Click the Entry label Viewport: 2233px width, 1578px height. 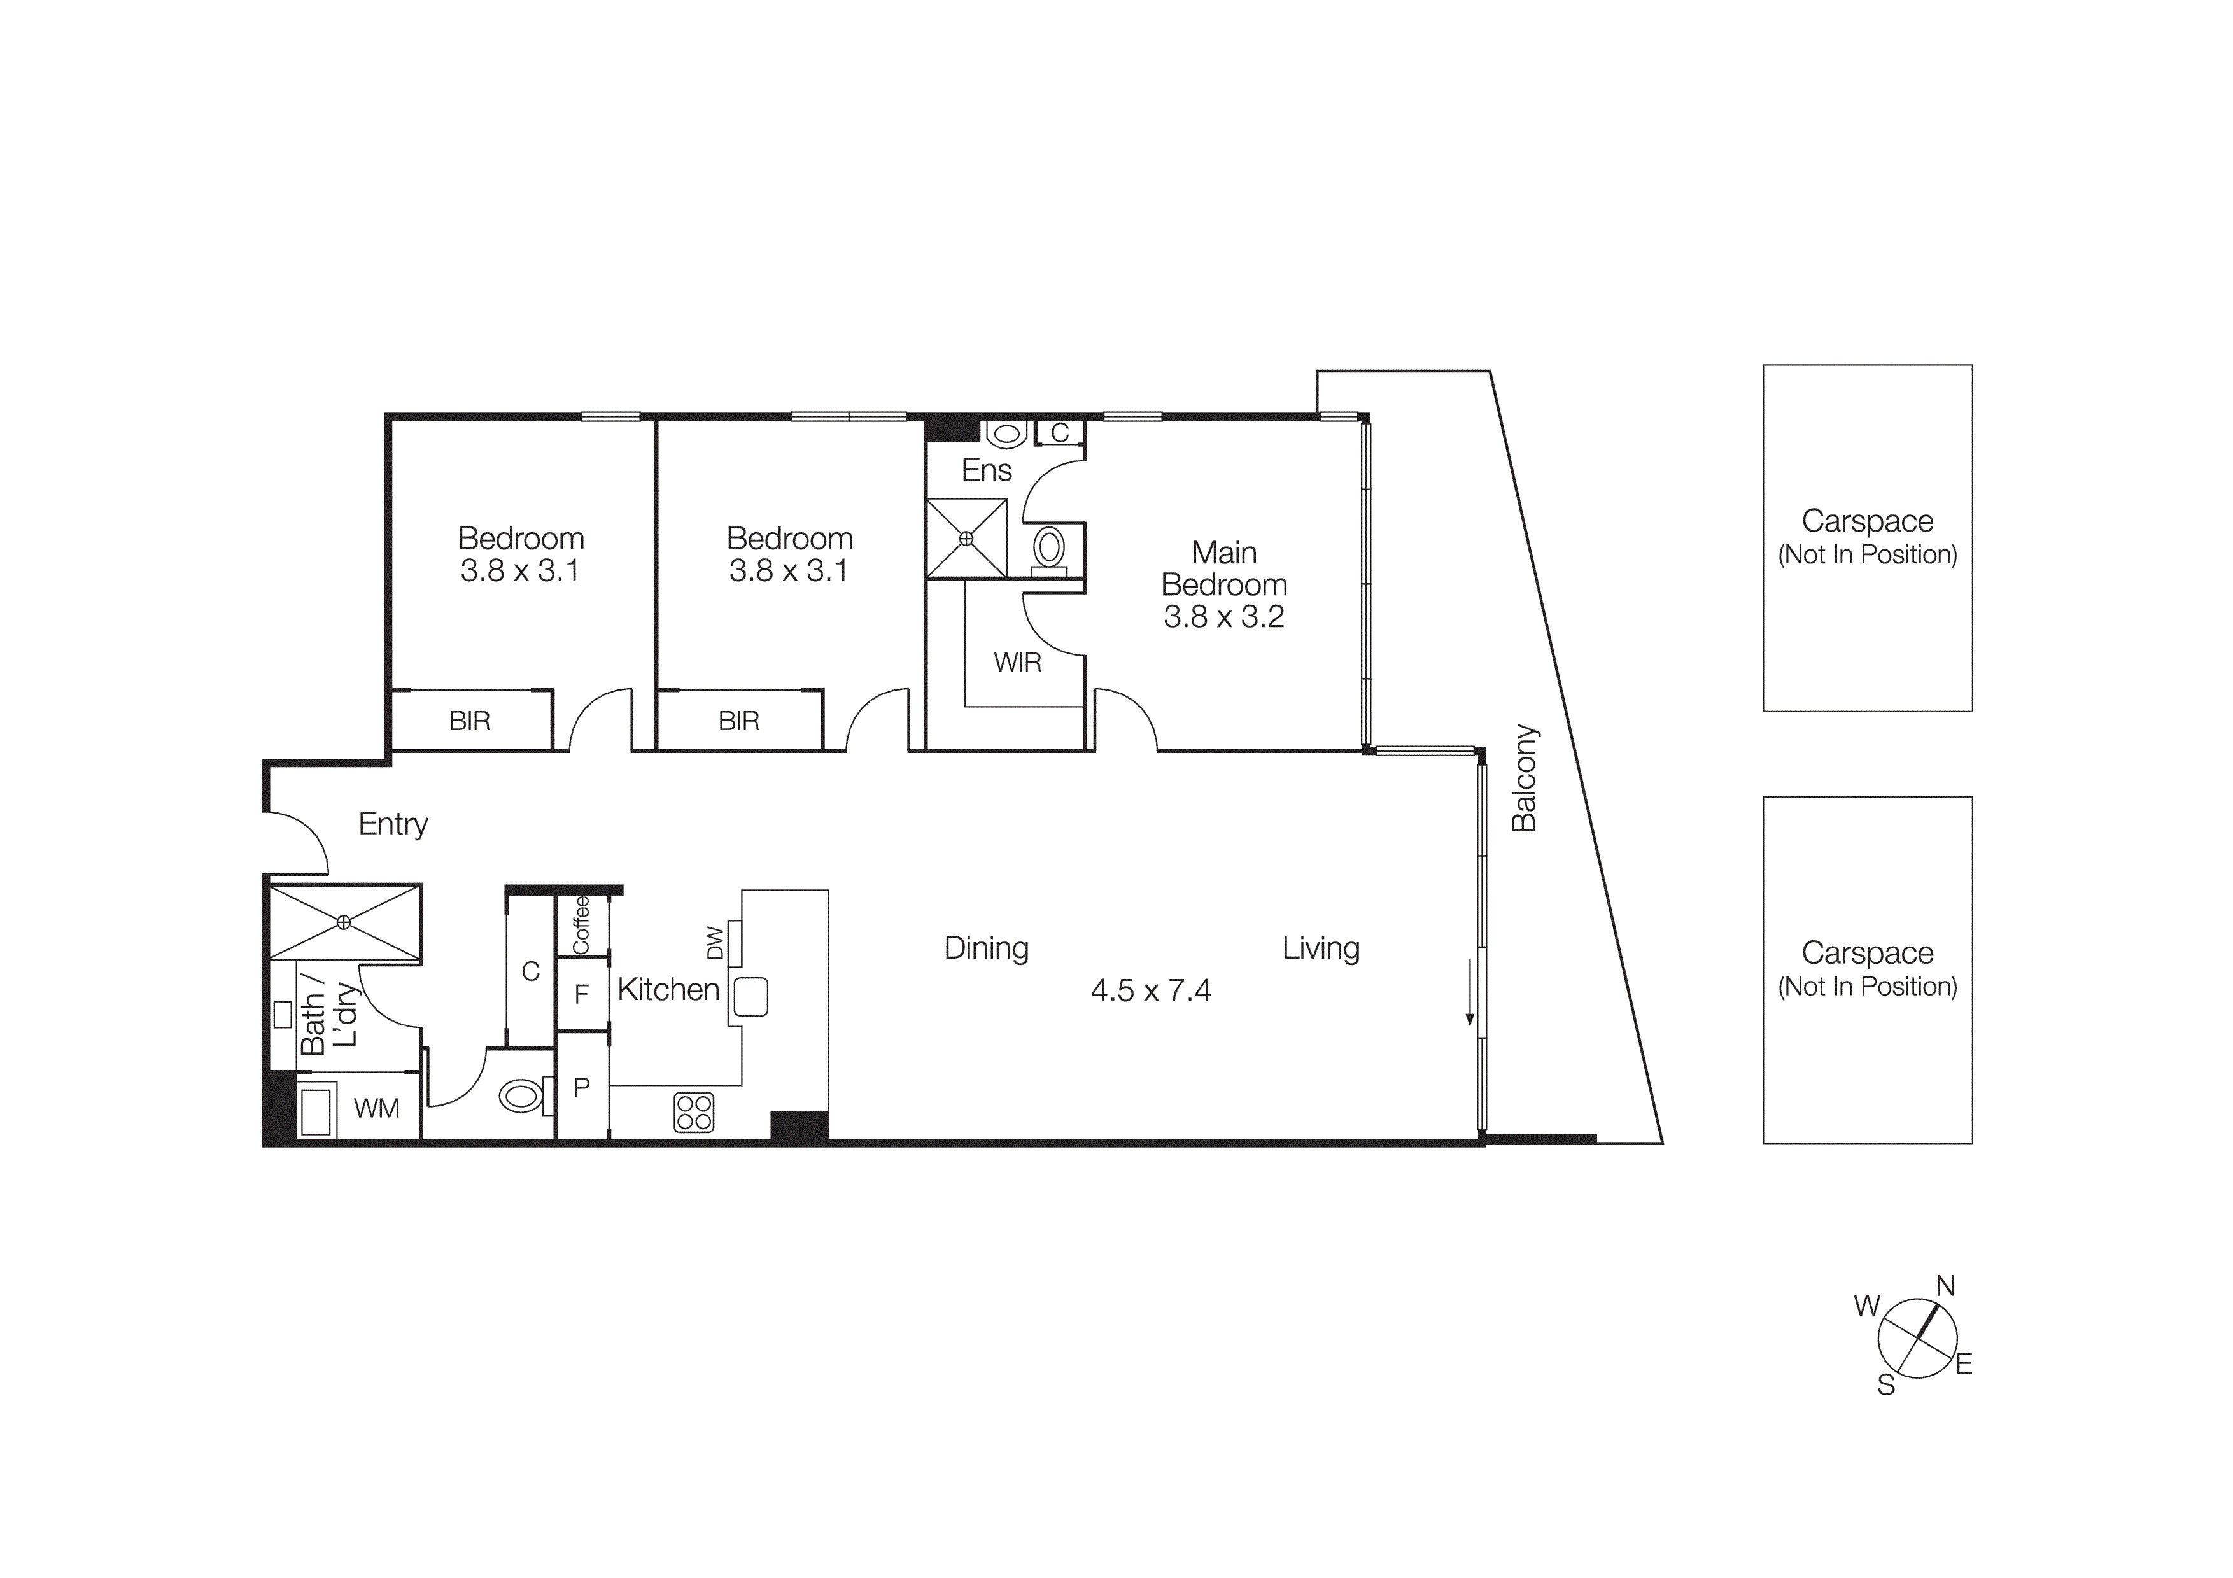point(393,824)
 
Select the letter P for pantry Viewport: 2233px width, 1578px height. point(582,1087)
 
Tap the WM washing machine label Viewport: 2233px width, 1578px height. point(376,1108)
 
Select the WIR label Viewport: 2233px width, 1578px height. point(1017,663)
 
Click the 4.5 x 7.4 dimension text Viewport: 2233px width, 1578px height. point(1150,990)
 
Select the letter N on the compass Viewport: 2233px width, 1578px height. point(1945,1286)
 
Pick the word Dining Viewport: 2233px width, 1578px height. point(986,948)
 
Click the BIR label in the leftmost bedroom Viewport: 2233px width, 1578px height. point(470,721)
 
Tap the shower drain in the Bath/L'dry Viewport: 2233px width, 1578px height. point(343,922)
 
